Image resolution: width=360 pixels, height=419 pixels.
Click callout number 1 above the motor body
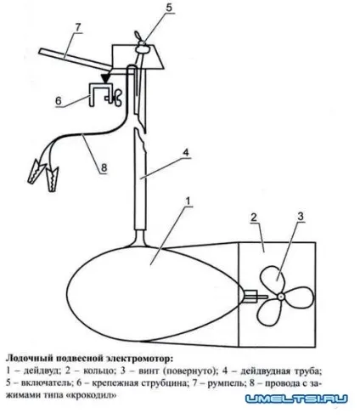pos(188,201)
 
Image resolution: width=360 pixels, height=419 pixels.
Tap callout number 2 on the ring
pos(254,218)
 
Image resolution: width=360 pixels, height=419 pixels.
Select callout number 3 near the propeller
pos(301,217)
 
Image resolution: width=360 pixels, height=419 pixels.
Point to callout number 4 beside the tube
pos(186,152)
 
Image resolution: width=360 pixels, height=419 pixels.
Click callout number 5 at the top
pos(169,8)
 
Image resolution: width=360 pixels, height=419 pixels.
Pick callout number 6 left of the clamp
pos(59,100)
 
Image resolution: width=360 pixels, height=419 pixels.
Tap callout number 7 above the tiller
pos(78,28)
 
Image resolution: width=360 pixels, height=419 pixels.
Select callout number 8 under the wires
pos(104,167)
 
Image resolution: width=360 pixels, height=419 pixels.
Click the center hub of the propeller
pos(280,297)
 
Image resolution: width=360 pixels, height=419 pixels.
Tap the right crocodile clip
pos(52,179)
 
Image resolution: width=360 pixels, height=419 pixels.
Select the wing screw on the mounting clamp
pos(115,98)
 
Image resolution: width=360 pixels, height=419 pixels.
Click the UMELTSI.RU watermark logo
pos(296,399)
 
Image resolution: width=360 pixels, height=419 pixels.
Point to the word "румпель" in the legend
pos(226,383)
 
